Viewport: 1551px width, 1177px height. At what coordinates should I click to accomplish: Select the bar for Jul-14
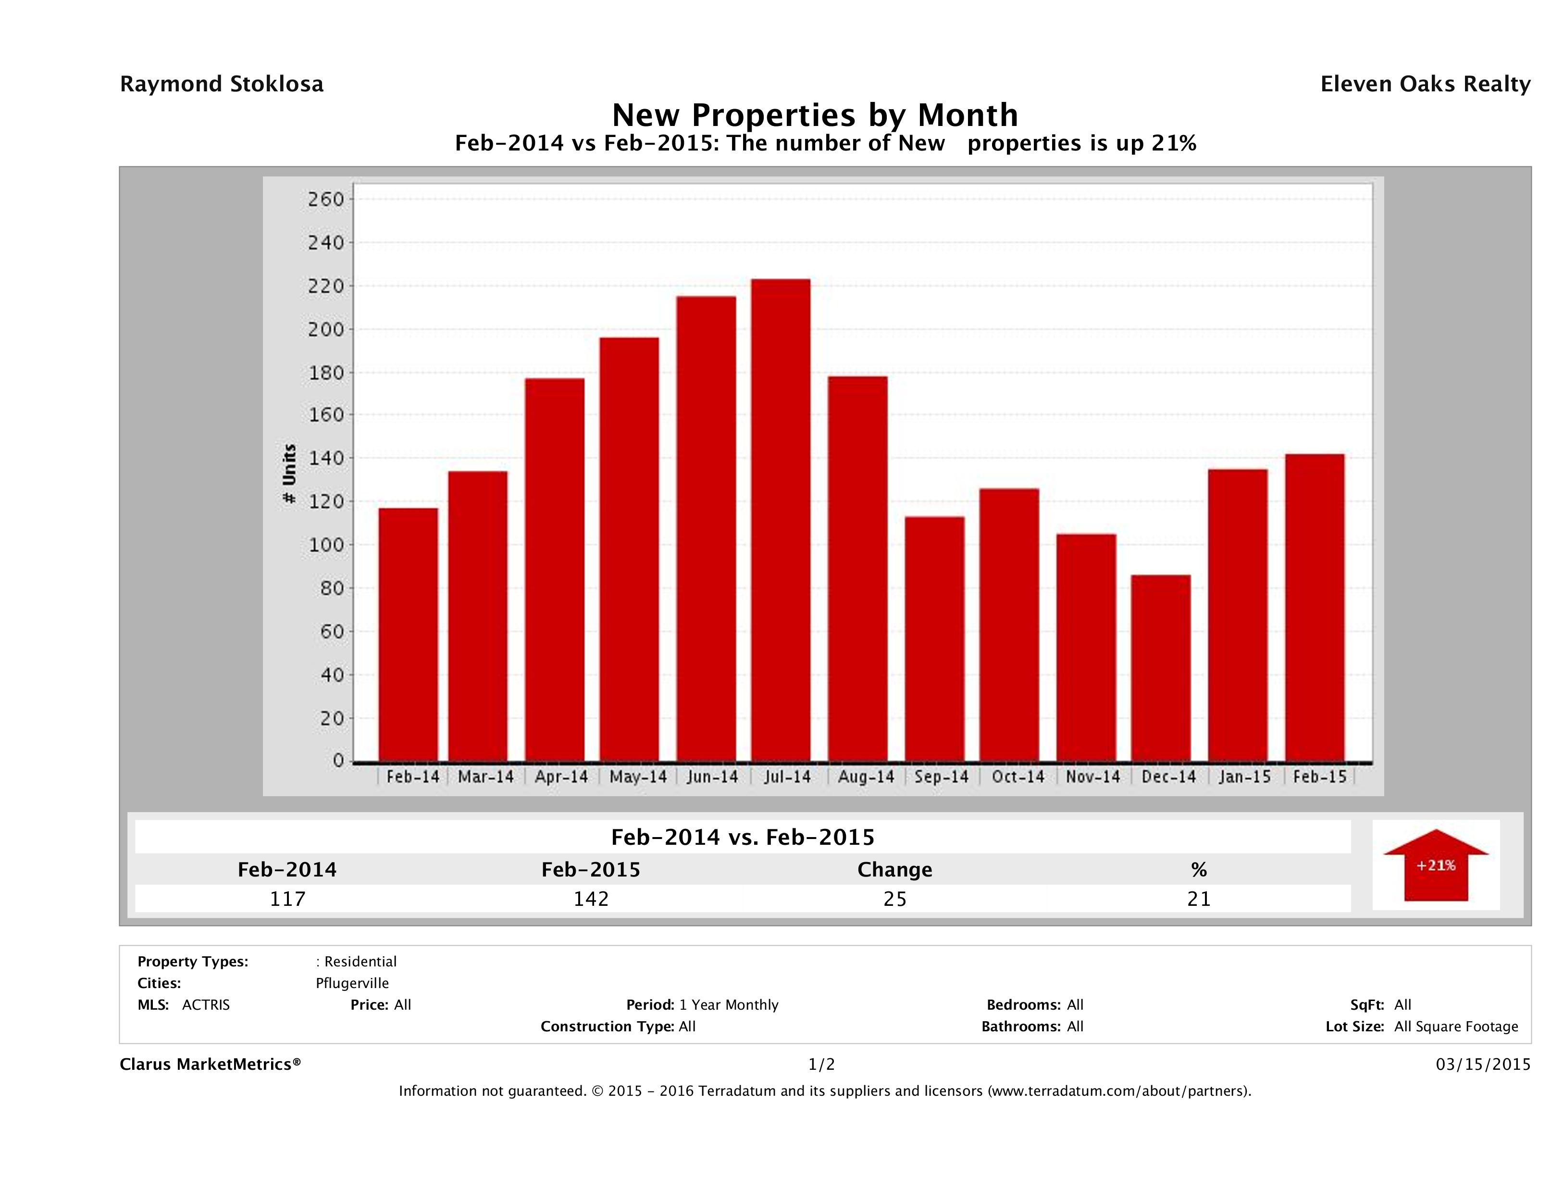coord(781,520)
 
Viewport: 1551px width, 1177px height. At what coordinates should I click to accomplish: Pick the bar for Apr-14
coord(554,570)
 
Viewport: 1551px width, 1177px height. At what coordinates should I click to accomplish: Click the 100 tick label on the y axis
coord(326,545)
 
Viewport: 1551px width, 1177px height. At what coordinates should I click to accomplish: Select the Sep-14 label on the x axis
coord(941,777)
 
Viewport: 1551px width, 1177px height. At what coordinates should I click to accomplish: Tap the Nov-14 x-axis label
coord(1092,777)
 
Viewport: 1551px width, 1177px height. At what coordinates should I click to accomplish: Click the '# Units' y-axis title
coord(289,474)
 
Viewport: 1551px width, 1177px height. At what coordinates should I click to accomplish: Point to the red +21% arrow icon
coord(1435,865)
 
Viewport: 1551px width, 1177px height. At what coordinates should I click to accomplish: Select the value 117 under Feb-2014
coord(287,899)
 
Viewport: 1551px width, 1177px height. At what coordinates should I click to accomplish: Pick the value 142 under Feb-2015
coord(591,899)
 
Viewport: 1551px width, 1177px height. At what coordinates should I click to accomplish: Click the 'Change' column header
coord(895,870)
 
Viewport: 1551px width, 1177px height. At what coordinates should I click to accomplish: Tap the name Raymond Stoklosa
coord(222,84)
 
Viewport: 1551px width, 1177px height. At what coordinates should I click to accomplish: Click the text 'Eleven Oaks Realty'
coord(1425,84)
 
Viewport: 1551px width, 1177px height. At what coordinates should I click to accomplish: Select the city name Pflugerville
coord(352,983)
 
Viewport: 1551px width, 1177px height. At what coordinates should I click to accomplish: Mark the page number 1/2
coord(821,1065)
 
